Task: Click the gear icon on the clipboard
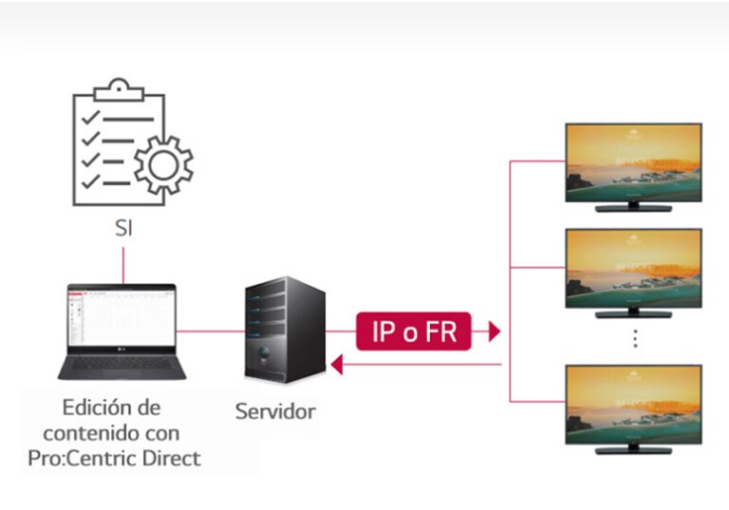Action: click(x=162, y=163)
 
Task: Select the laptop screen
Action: click(x=121, y=318)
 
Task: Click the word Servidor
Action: click(x=275, y=412)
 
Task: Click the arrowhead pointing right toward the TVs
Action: click(x=493, y=331)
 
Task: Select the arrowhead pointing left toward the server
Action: click(x=335, y=364)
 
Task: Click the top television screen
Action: click(x=633, y=161)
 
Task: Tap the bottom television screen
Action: click(x=633, y=403)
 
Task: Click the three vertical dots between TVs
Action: click(x=634, y=338)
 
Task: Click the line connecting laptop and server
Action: click(x=209, y=331)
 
